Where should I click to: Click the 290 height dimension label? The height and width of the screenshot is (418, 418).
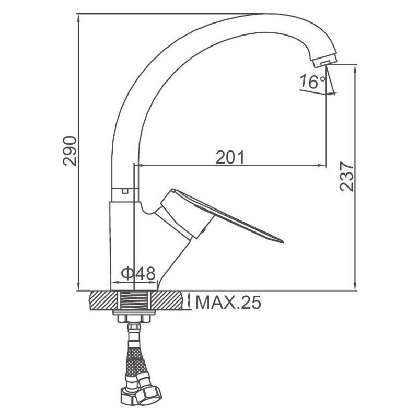tap(70, 151)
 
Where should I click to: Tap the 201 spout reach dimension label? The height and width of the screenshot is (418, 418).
tap(230, 157)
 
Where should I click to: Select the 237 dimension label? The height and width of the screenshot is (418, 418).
tap(346, 176)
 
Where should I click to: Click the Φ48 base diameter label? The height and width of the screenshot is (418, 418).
tap(138, 273)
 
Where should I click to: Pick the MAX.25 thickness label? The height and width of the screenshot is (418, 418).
tap(228, 303)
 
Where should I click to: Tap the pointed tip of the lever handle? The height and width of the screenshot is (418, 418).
tap(283, 242)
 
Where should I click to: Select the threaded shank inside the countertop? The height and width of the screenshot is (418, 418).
tap(134, 301)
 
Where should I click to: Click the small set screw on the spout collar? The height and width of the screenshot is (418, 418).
tap(125, 191)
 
